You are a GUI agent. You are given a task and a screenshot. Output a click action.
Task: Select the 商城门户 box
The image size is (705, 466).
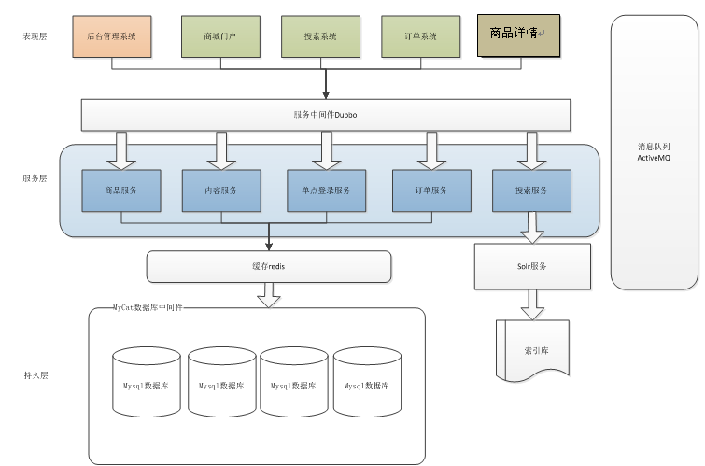click(x=219, y=35)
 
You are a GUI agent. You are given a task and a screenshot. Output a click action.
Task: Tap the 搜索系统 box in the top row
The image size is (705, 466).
click(x=321, y=35)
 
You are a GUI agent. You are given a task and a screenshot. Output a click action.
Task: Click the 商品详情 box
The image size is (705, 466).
click(x=518, y=35)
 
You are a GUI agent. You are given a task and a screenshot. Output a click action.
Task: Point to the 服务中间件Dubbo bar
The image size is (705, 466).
click(x=326, y=115)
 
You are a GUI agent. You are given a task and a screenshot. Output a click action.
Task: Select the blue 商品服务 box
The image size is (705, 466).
click(x=121, y=191)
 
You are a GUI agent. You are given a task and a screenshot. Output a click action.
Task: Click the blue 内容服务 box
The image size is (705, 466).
click(x=221, y=191)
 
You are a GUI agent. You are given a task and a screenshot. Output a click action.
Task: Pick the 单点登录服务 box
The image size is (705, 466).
click(x=325, y=191)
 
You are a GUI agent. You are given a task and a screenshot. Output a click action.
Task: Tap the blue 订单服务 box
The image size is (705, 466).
click(x=431, y=191)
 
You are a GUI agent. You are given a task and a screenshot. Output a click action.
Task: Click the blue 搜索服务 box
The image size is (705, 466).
click(x=531, y=191)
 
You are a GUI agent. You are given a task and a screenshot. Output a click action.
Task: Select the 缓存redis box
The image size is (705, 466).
click(x=268, y=266)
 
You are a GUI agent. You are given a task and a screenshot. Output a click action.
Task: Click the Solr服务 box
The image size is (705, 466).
click(x=532, y=266)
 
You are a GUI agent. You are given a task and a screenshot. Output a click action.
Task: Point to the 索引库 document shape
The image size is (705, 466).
click(x=531, y=349)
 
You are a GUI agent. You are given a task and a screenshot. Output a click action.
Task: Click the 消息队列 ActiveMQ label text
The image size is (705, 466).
click(x=655, y=152)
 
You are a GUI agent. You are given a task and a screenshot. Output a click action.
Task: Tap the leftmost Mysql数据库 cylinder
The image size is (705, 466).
click(x=146, y=383)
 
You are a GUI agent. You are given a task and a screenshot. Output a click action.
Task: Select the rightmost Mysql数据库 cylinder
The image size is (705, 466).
click(x=367, y=383)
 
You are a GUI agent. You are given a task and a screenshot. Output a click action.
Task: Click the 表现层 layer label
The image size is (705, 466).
click(x=35, y=36)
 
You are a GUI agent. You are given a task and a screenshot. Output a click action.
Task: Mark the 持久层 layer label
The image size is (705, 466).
click(x=35, y=375)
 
